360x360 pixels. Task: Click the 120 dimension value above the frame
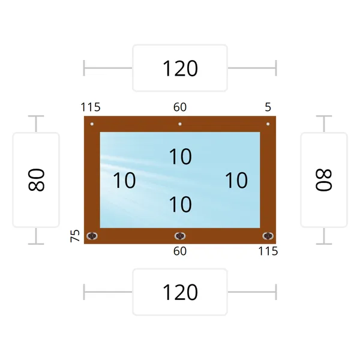click(x=180, y=68)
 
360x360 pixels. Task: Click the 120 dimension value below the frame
click(x=180, y=292)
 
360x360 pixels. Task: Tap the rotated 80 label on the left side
click(x=36, y=180)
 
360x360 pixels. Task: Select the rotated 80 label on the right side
click(x=324, y=180)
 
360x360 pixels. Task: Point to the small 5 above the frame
click(x=268, y=107)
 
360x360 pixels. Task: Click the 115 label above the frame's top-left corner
click(x=91, y=107)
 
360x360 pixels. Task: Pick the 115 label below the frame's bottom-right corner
click(x=268, y=251)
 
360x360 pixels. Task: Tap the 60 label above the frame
click(x=180, y=107)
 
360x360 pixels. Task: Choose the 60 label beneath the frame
click(x=180, y=251)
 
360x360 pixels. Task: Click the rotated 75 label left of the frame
click(x=75, y=236)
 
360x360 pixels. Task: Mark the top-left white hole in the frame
click(x=92, y=124)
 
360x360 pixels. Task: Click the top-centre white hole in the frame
click(x=180, y=124)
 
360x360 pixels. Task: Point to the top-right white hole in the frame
click(x=268, y=124)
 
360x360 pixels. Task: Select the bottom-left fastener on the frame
click(x=92, y=236)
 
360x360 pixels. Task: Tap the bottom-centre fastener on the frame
click(x=180, y=236)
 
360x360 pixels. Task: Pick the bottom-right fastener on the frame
click(x=268, y=236)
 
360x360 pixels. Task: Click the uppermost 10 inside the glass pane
click(x=180, y=157)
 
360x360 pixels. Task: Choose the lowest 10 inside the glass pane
click(x=180, y=205)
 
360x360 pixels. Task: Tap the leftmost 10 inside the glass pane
click(x=124, y=181)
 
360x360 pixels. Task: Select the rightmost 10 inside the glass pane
click(x=236, y=181)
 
